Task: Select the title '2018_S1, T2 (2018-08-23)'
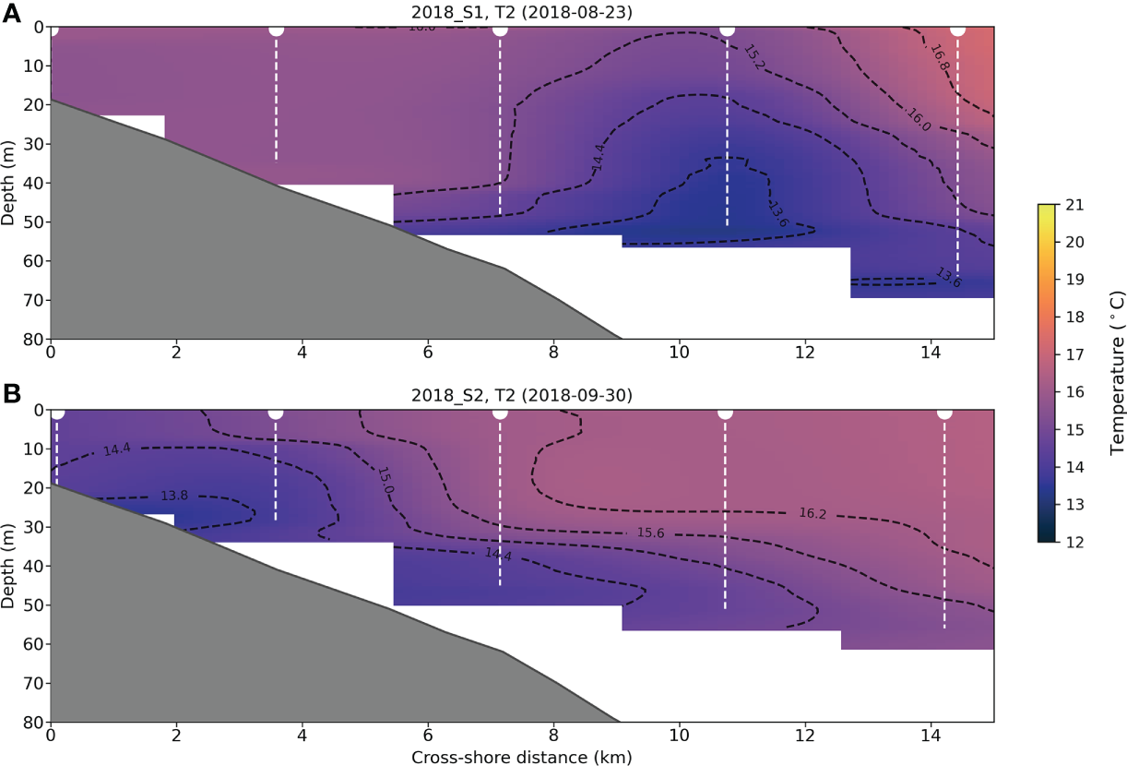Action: [x=522, y=11]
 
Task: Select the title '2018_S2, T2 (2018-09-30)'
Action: [x=522, y=395]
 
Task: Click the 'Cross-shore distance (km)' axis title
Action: [x=522, y=757]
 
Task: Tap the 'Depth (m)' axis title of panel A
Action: [x=9, y=183]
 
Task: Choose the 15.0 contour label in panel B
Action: [x=385, y=480]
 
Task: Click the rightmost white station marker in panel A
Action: [x=957, y=29]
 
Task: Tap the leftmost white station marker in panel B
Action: [x=57, y=412]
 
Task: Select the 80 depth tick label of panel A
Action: [x=33, y=339]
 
